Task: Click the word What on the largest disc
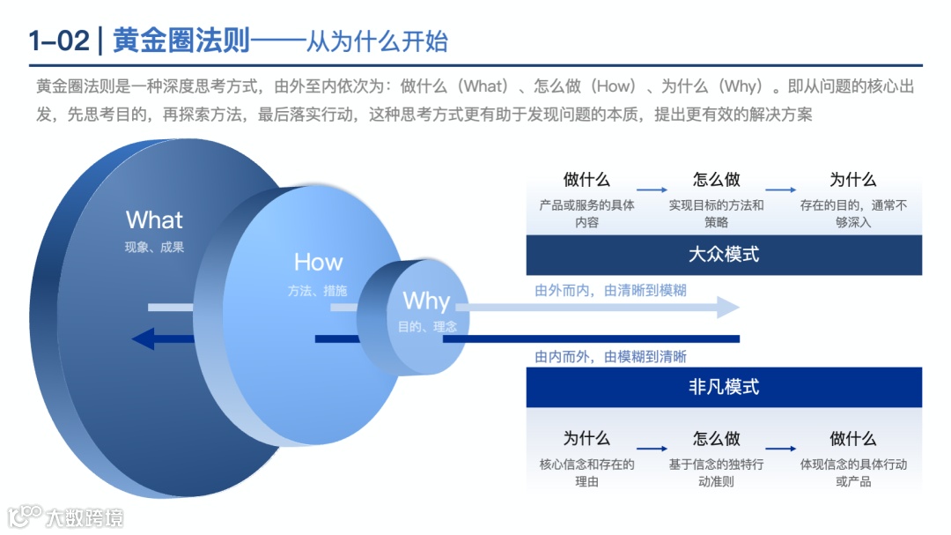(x=154, y=220)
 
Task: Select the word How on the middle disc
(x=318, y=263)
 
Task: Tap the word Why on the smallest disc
(x=426, y=301)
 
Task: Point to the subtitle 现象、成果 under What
(x=154, y=248)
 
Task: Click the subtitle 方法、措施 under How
(x=317, y=290)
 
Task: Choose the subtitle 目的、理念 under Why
(x=427, y=326)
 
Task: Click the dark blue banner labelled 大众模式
(x=724, y=256)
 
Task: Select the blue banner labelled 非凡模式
(x=724, y=387)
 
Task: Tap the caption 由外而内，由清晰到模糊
(x=610, y=290)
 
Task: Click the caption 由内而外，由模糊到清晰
(x=610, y=357)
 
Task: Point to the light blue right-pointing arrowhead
(x=728, y=308)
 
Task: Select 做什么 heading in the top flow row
(x=586, y=180)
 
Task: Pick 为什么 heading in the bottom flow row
(x=586, y=438)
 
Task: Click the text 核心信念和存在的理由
(x=586, y=472)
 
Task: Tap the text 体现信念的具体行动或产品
(x=852, y=472)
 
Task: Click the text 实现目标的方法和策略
(x=716, y=213)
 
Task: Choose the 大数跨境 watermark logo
(x=66, y=516)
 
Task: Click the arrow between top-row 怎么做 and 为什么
(x=781, y=189)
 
